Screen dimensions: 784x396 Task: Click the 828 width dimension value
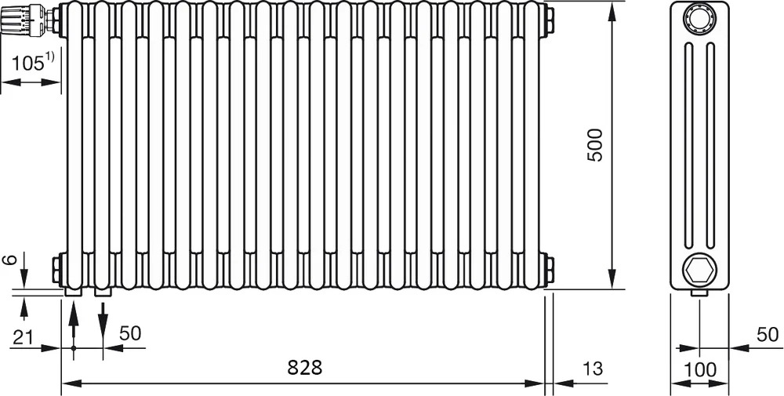pos(304,368)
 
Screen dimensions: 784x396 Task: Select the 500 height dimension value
pos(595,145)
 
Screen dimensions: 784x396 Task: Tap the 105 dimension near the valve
pos(27,64)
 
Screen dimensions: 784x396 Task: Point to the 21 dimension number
pos(23,337)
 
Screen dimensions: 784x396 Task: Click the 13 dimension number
pos(593,369)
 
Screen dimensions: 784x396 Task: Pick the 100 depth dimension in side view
pos(699,369)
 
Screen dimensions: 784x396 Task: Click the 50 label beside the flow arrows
pos(130,333)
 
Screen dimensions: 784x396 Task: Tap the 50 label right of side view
pos(768,335)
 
